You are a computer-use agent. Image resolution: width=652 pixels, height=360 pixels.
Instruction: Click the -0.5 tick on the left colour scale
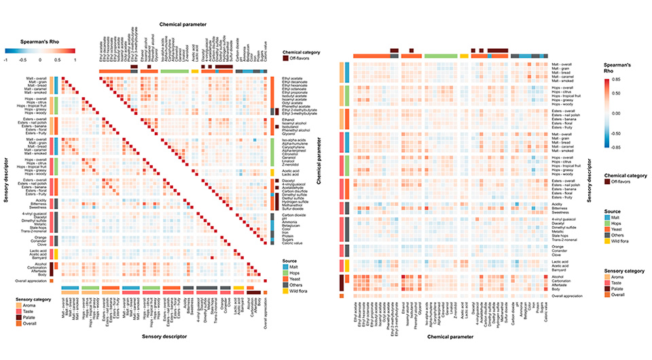[x=24, y=60]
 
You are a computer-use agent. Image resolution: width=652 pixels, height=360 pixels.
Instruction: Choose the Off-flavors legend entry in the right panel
[x=620, y=183]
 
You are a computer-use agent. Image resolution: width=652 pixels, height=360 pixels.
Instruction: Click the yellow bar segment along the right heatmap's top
[x=465, y=56]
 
